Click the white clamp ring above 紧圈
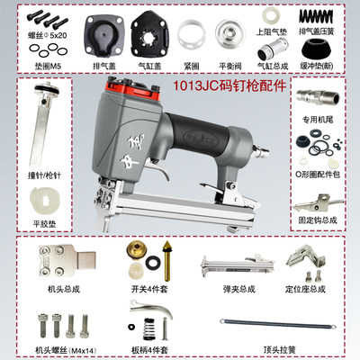tap(192, 37)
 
